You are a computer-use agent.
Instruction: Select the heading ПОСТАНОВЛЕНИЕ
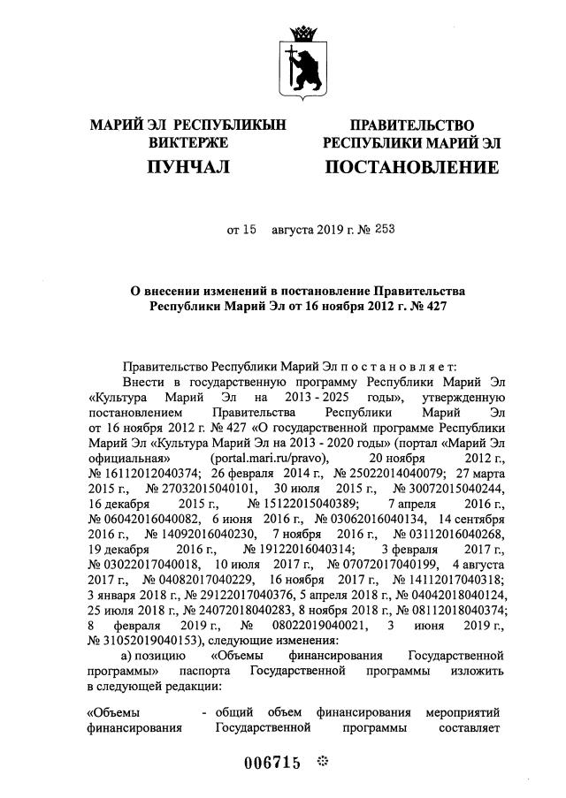click(x=411, y=167)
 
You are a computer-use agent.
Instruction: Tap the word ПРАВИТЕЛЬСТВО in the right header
click(x=411, y=126)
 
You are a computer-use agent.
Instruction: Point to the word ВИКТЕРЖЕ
click(x=188, y=142)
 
